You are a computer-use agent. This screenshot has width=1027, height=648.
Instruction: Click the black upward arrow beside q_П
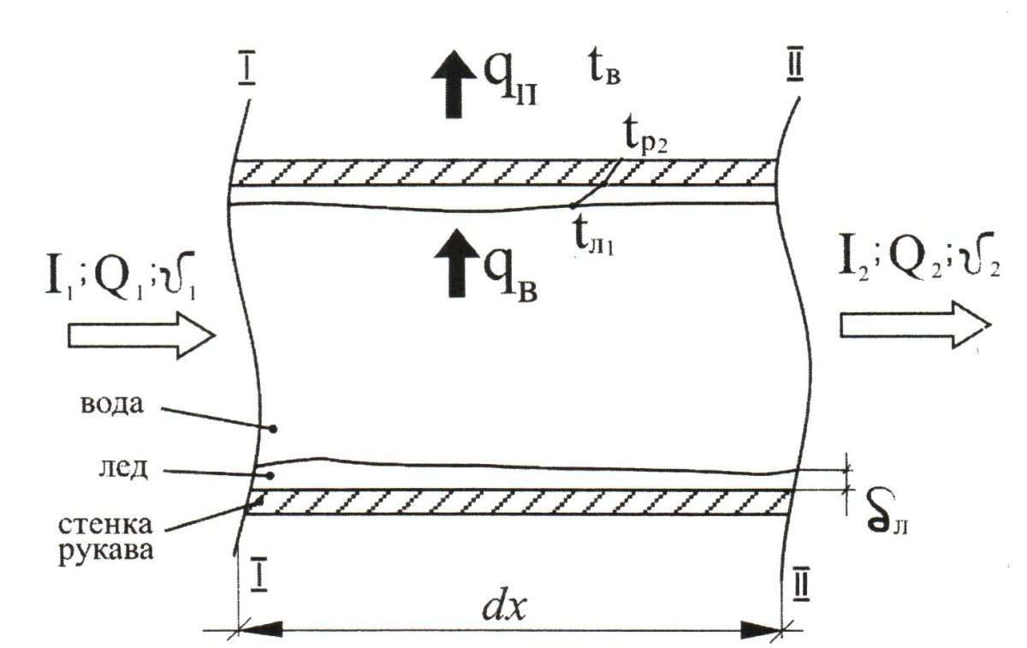[454, 85]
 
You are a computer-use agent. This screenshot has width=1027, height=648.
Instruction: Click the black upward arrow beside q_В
[457, 263]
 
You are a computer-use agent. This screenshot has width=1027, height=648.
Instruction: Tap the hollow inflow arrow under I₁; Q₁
[141, 336]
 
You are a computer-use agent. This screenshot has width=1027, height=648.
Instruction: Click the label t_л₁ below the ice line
[593, 241]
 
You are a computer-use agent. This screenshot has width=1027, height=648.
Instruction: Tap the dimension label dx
[503, 606]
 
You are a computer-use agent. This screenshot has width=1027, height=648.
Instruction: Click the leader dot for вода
[273, 429]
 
